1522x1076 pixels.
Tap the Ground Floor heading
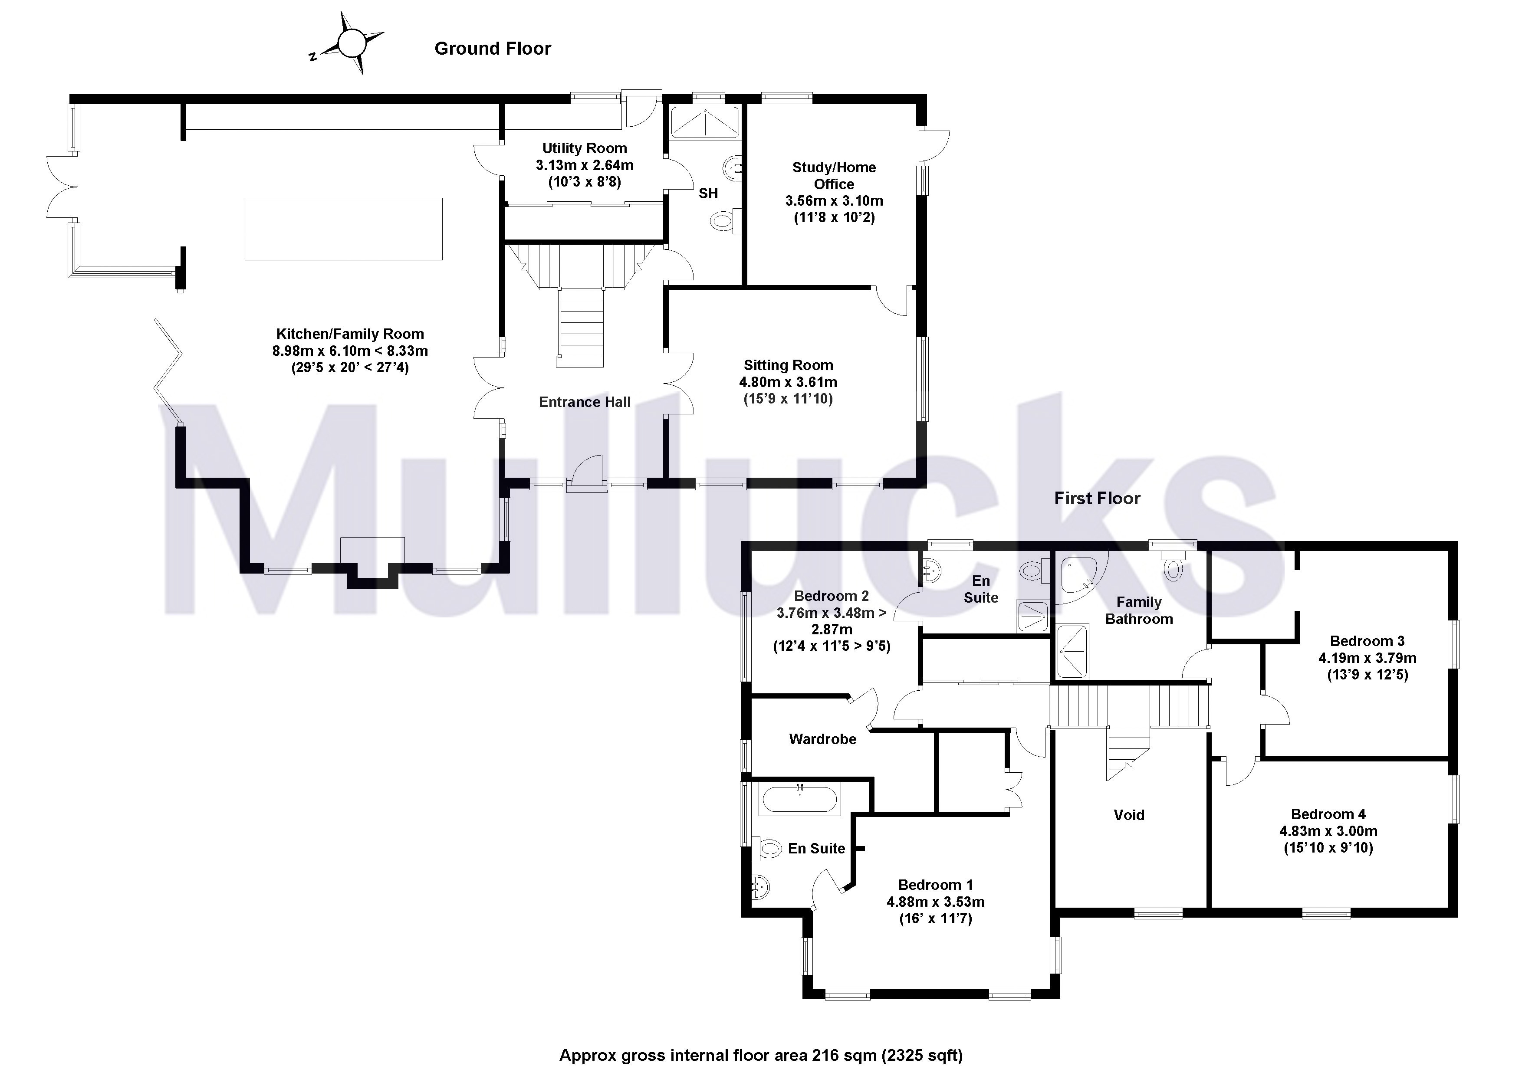(493, 48)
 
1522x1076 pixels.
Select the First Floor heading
(1097, 498)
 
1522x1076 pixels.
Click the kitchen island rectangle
(343, 229)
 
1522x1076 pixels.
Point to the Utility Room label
(584, 148)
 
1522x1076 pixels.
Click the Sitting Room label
(788, 365)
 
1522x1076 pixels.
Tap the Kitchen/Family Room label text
(350, 334)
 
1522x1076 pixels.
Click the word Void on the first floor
(1128, 815)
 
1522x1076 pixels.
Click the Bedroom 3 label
(1367, 641)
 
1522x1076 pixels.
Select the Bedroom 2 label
(831, 596)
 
